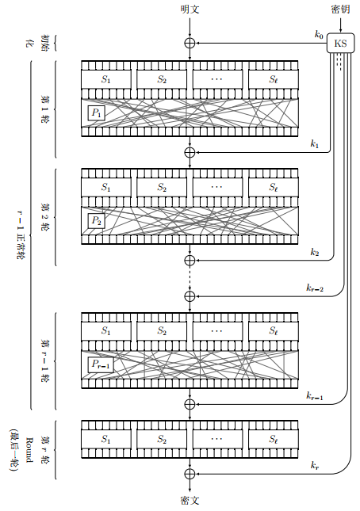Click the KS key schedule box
pyautogui.click(x=340, y=43)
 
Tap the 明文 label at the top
pyautogui.click(x=190, y=10)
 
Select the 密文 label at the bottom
pyautogui.click(x=190, y=501)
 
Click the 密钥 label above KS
pyautogui.click(x=341, y=10)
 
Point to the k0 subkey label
pyautogui.click(x=319, y=34)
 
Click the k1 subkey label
pyautogui.click(x=315, y=143)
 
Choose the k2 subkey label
pyautogui.click(x=315, y=252)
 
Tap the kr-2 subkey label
pyautogui.click(x=315, y=288)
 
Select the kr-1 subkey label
pyautogui.click(x=315, y=396)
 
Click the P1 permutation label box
pyautogui.click(x=97, y=113)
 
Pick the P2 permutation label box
pyautogui.click(x=97, y=221)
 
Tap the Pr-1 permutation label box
pyautogui.click(x=101, y=365)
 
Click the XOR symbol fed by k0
pyautogui.click(x=190, y=43)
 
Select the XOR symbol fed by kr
pyautogui.click(x=190, y=474)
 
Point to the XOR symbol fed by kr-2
pyautogui.click(x=190, y=296)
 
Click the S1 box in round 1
pyautogui.click(x=106, y=79)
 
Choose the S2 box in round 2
pyautogui.click(x=162, y=187)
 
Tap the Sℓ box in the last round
pyautogui.click(x=274, y=440)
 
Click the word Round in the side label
pyautogui.click(x=29, y=450)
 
